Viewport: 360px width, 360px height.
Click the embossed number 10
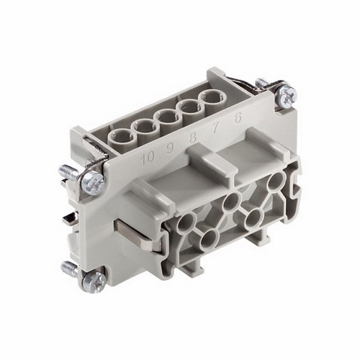(148, 158)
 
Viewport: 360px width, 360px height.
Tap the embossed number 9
(171, 150)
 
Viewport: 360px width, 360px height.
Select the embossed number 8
(192, 140)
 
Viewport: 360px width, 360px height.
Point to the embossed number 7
(215, 130)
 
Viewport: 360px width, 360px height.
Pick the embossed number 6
(237, 120)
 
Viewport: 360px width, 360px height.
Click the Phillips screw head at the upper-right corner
(287, 94)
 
